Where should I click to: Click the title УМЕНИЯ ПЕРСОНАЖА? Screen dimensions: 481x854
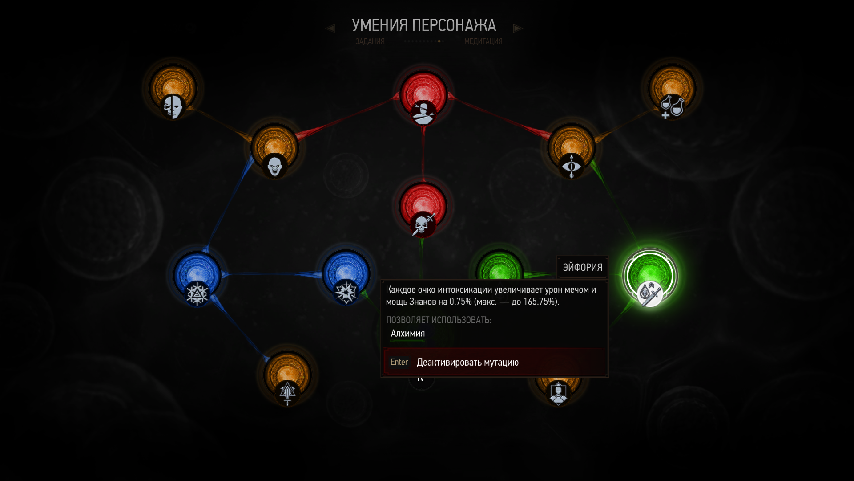423,26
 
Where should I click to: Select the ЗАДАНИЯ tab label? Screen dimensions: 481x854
370,41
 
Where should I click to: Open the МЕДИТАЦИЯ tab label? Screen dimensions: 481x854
483,41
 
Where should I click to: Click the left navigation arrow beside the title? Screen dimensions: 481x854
330,29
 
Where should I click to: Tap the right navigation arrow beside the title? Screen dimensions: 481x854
518,29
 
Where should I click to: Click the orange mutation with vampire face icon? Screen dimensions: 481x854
274,149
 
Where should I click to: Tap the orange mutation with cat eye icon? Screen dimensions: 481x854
572,149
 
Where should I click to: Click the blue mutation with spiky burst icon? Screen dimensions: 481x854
346,276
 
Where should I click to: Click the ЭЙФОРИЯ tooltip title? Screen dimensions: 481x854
582,267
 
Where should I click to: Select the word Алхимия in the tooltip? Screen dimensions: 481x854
407,334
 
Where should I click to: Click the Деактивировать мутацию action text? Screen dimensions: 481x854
467,363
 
